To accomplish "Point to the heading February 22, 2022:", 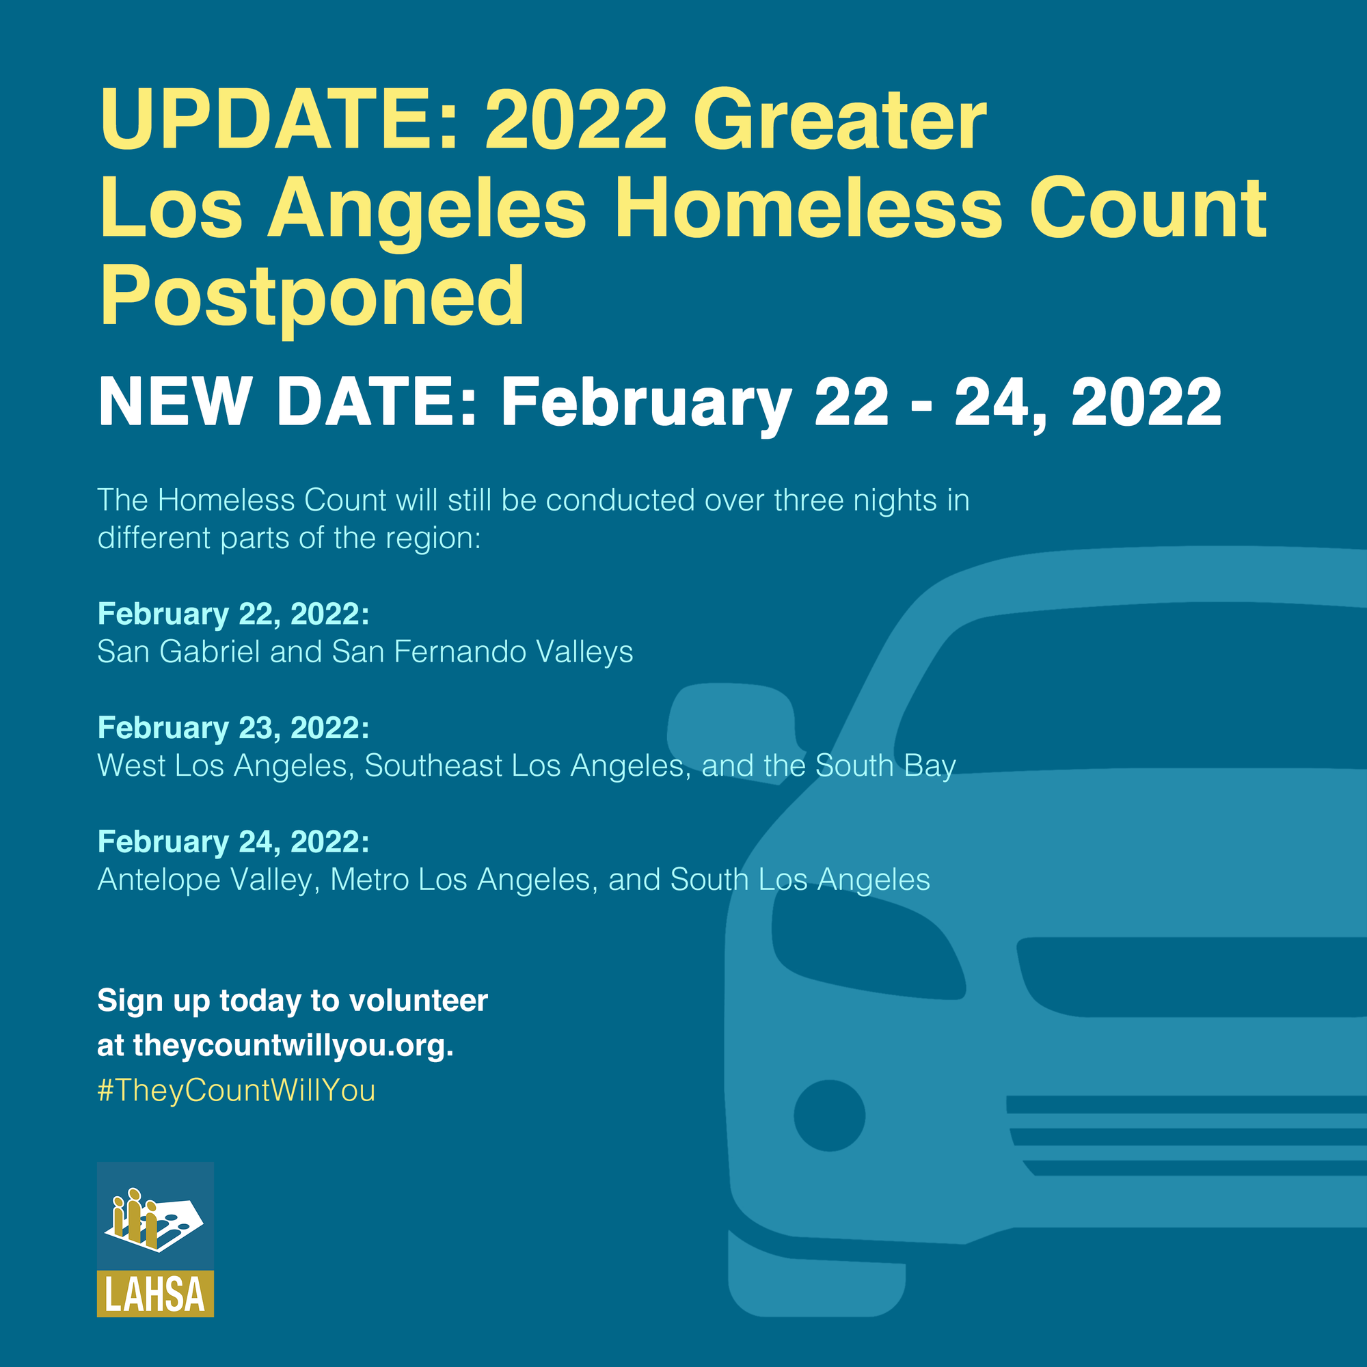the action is pyautogui.click(x=234, y=614).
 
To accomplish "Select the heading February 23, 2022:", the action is pyautogui.click(x=234, y=728).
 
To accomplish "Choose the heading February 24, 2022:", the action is pyautogui.click(x=234, y=842).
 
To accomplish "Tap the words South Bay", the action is pyautogui.click(x=885, y=766).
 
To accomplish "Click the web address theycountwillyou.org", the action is pyautogui.click(x=293, y=1046).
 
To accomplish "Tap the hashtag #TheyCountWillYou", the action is pyautogui.click(x=236, y=1090).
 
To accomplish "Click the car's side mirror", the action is pyautogui.click(x=736, y=732).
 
